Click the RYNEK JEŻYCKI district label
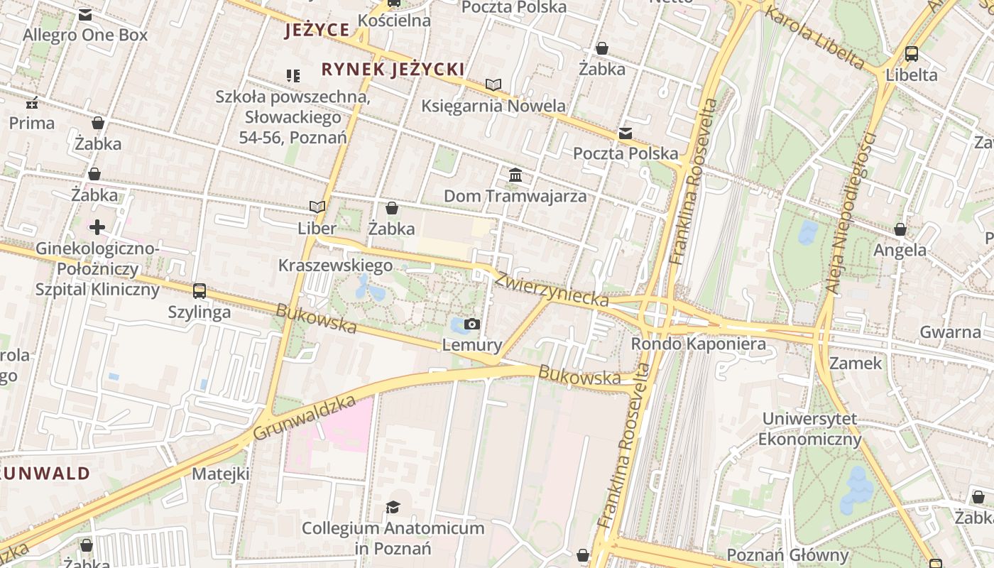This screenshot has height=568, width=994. [x=393, y=70]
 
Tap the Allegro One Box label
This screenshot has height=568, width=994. [x=85, y=35]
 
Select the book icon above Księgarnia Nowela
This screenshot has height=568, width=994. [x=493, y=84]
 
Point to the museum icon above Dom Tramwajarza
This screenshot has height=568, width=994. [x=515, y=175]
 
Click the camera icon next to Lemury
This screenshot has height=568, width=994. [x=471, y=324]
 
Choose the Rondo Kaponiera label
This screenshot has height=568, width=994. [x=699, y=344]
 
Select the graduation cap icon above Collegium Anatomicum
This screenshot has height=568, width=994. [x=393, y=507]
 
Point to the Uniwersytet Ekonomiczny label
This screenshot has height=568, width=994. [x=809, y=429]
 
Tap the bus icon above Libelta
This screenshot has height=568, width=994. [x=911, y=54]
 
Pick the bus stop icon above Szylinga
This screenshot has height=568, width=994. [x=200, y=290]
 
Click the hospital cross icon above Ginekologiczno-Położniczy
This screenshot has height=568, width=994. [x=97, y=227]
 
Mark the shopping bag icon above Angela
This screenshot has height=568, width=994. [x=900, y=229]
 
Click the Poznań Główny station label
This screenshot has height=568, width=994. [x=787, y=555]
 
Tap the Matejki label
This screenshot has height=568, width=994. [x=221, y=474]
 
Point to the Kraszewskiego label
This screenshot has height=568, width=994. [x=335, y=266]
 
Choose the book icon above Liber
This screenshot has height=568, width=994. [x=317, y=207]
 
